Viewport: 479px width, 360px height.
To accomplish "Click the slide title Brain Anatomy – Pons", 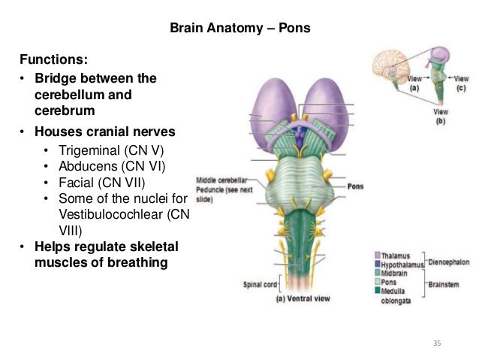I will point(240,29).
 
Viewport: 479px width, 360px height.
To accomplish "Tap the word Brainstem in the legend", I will point(447,285).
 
